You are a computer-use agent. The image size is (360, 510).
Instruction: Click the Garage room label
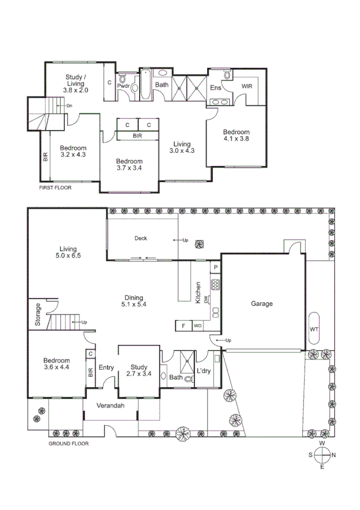(262, 304)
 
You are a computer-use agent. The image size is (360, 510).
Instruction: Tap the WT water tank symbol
(314, 329)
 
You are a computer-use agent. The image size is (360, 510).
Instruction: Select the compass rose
(323, 455)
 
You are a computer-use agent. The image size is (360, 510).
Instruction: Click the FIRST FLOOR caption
(55, 188)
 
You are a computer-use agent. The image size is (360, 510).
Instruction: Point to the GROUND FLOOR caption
(68, 444)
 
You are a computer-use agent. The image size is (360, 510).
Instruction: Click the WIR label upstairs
(247, 87)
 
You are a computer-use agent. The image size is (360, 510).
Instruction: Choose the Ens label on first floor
(216, 87)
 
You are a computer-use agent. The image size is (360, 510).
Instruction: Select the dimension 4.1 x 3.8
(236, 139)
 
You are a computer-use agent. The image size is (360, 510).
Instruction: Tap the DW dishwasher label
(206, 299)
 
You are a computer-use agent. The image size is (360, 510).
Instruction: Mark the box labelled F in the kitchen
(183, 326)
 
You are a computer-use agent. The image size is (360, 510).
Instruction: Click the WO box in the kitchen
(197, 326)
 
